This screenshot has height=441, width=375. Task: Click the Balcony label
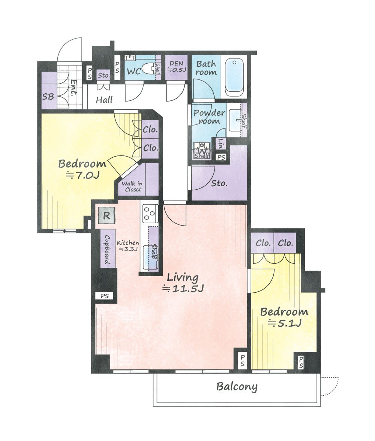point(237,387)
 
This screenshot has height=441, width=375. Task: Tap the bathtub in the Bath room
point(234,76)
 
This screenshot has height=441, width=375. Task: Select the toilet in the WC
point(147,69)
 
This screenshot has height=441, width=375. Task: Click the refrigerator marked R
point(106,215)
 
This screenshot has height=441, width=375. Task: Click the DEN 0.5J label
point(177,67)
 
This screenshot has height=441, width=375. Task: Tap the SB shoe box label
point(48,96)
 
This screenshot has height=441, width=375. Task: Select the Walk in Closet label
point(132,187)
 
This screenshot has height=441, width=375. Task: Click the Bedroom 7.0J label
point(82,169)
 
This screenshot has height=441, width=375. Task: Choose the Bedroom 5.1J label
point(284,317)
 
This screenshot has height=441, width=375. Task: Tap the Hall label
point(104,100)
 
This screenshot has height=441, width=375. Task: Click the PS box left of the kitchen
point(105,296)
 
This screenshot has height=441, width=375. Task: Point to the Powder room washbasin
point(235,120)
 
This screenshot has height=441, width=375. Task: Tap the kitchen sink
point(151,257)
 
